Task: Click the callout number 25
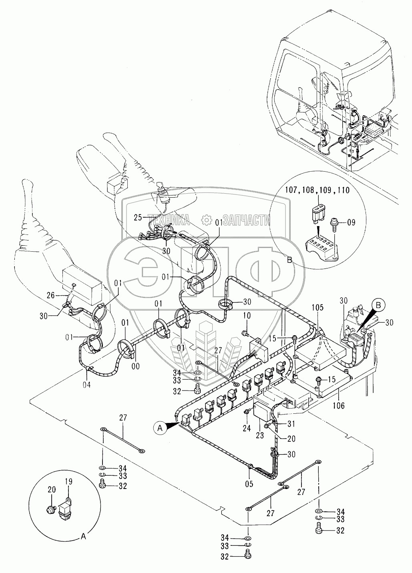138,218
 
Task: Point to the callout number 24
247,428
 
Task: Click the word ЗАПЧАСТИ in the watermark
246,219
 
